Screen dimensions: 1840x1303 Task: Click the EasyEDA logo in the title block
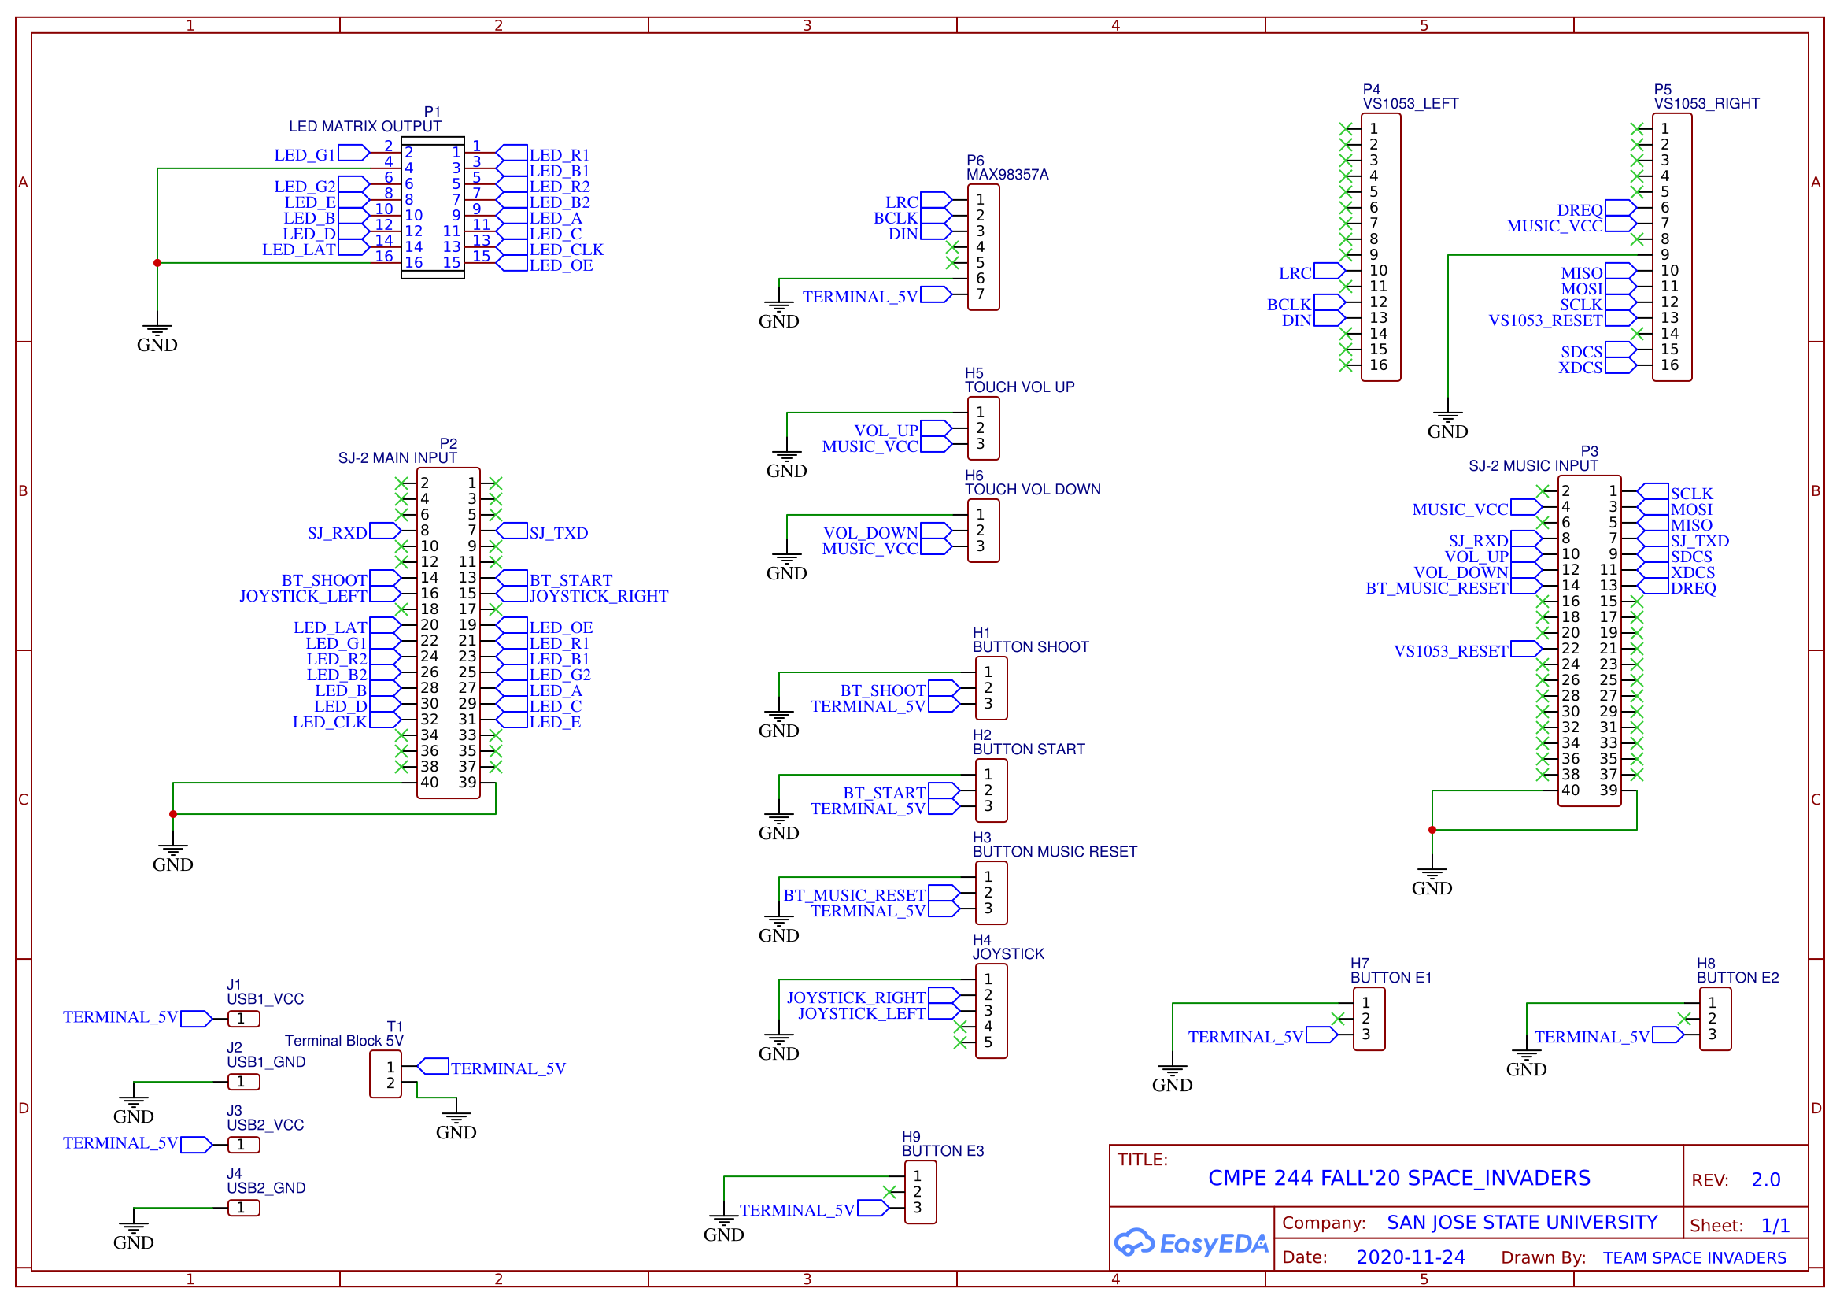tap(1190, 1243)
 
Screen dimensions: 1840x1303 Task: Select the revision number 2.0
tap(1765, 1180)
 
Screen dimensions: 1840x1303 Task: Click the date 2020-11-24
tap(1410, 1257)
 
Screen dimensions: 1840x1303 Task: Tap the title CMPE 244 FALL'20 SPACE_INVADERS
tap(1398, 1178)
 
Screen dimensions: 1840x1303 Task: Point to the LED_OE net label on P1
tap(560, 265)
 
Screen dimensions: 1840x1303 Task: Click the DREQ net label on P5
tap(1580, 210)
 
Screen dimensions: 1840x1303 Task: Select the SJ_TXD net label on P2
tap(558, 533)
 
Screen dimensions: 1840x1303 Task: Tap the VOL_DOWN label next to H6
tap(870, 533)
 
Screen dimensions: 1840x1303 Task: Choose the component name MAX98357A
tap(1007, 175)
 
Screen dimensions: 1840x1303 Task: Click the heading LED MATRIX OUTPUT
tap(365, 127)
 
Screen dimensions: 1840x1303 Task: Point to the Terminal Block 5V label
tap(344, 1041)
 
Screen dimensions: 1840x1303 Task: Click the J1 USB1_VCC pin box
tap(244, 1019)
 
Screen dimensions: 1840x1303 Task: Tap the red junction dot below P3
tap(1432, 830)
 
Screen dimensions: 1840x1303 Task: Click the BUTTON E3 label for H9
tap(943, 1151)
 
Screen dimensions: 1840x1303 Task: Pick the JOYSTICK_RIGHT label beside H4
tap(855, 998)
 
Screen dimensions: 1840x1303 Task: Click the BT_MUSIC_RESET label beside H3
tap(855, 895)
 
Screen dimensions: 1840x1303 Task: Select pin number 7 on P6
tap(980, 294)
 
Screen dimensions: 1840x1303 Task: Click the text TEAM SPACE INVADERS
tap(1695, 1258)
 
